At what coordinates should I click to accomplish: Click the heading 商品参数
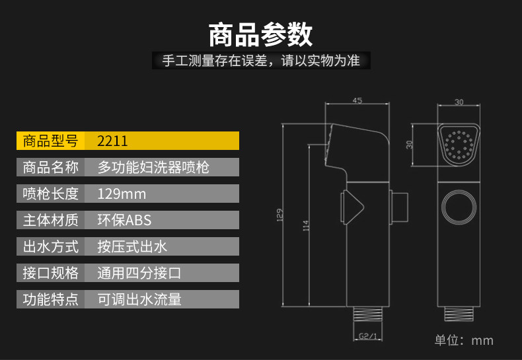click(x=260, y=34)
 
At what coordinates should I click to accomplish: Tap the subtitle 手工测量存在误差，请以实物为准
click(x=261, y=61)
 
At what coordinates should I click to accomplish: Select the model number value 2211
click(x=112, y=141)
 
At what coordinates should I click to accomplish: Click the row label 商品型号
click(x=51, y=141)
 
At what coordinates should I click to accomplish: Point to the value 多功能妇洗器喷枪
click(x=153, y=167)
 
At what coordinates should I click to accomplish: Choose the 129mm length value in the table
click(x=122, y=194)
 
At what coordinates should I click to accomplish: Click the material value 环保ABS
click(x=124, y=220)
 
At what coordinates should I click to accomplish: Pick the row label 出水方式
click(x=51, y=246)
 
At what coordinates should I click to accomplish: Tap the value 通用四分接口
click(x=139, y=273)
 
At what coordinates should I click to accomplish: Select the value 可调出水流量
click(x=139, y=299)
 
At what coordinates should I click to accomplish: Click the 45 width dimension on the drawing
click(x=357, y=100)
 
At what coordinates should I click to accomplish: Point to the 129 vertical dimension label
click(x=280, y=215)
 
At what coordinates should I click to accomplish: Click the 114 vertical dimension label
click(x=306, y=226)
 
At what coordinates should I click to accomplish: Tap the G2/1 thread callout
click(x=368, y=336)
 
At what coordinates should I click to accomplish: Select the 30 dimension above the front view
click(x=459, y=102)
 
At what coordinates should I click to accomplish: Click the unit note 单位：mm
click(x=464, y=340)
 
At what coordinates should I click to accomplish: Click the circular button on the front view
click(x=459, y=207)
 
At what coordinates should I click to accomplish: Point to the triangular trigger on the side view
click(x=352, y=207)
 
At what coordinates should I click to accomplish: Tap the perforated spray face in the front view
click(x=459, y=145)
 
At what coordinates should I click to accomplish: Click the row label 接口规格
click(x=51, y=273)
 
